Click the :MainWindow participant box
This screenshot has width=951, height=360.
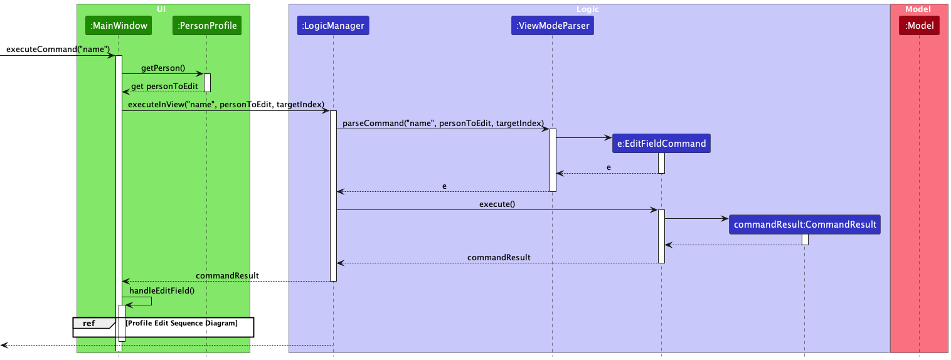point(119,26)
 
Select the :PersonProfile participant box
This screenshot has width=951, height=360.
point(206,26)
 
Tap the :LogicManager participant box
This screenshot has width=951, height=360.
point(332,26)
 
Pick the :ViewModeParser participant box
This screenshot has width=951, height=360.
point(552,26)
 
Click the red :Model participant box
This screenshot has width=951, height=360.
point(919,26)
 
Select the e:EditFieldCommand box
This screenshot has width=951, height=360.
point(661,144)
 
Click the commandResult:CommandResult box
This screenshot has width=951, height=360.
point(805,225)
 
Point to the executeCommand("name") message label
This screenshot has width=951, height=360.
point(58,49)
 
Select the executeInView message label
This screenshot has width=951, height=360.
point(226,104)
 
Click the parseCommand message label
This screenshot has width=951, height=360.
point(443,123)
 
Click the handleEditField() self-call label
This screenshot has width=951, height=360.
point(162,290)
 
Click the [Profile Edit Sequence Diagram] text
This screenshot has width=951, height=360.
point(181,323)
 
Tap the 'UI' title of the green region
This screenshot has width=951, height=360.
point(162,9)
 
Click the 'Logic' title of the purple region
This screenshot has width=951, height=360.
point(588,9)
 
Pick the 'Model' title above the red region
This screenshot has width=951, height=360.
point(918,9)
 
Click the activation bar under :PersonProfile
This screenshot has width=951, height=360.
point(207,83)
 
